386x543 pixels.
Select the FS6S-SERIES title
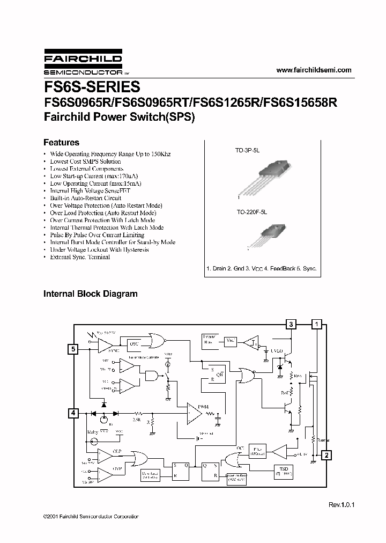click(x=91, y=87)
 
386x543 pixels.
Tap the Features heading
click(x=61, y=143)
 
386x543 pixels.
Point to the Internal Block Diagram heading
click(x=90, y=293)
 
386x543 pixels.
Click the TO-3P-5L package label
click(x=247, y=152)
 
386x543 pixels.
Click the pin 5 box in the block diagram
click(x=73, y=349)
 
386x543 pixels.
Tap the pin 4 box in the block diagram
click(x=73, y=413)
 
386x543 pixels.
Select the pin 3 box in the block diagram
click(x=291, y=324)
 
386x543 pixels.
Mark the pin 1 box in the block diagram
click(x=317, y=324)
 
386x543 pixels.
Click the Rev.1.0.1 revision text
click(x=342, y=505)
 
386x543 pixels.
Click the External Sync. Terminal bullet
click(x=80, y=257)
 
